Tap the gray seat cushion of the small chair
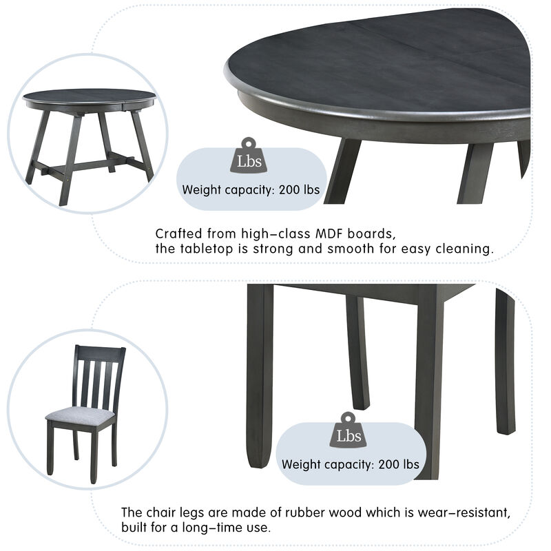(x=79, y=415)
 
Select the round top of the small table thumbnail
(x=89, y=96)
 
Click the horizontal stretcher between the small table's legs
(x=90, y=165)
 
